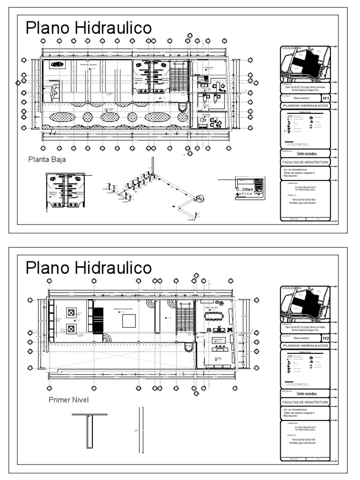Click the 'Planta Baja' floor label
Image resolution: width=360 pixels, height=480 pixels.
(47, 159)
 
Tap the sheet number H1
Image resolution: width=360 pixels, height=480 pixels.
(326, 98)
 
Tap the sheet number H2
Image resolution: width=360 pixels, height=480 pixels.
(326, 337)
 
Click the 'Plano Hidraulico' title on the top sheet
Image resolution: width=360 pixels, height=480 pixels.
(89, 28)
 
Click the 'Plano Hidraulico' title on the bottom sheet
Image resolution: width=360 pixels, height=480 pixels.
(89, 268)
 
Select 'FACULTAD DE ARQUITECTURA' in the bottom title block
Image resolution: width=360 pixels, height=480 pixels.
(305, 402)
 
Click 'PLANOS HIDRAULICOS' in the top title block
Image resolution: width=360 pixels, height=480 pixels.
(305, 106)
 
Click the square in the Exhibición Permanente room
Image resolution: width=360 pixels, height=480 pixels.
(129, 321)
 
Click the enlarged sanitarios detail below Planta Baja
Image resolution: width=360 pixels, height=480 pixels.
(65, 192)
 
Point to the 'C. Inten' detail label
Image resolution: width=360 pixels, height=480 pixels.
(245, 189)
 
